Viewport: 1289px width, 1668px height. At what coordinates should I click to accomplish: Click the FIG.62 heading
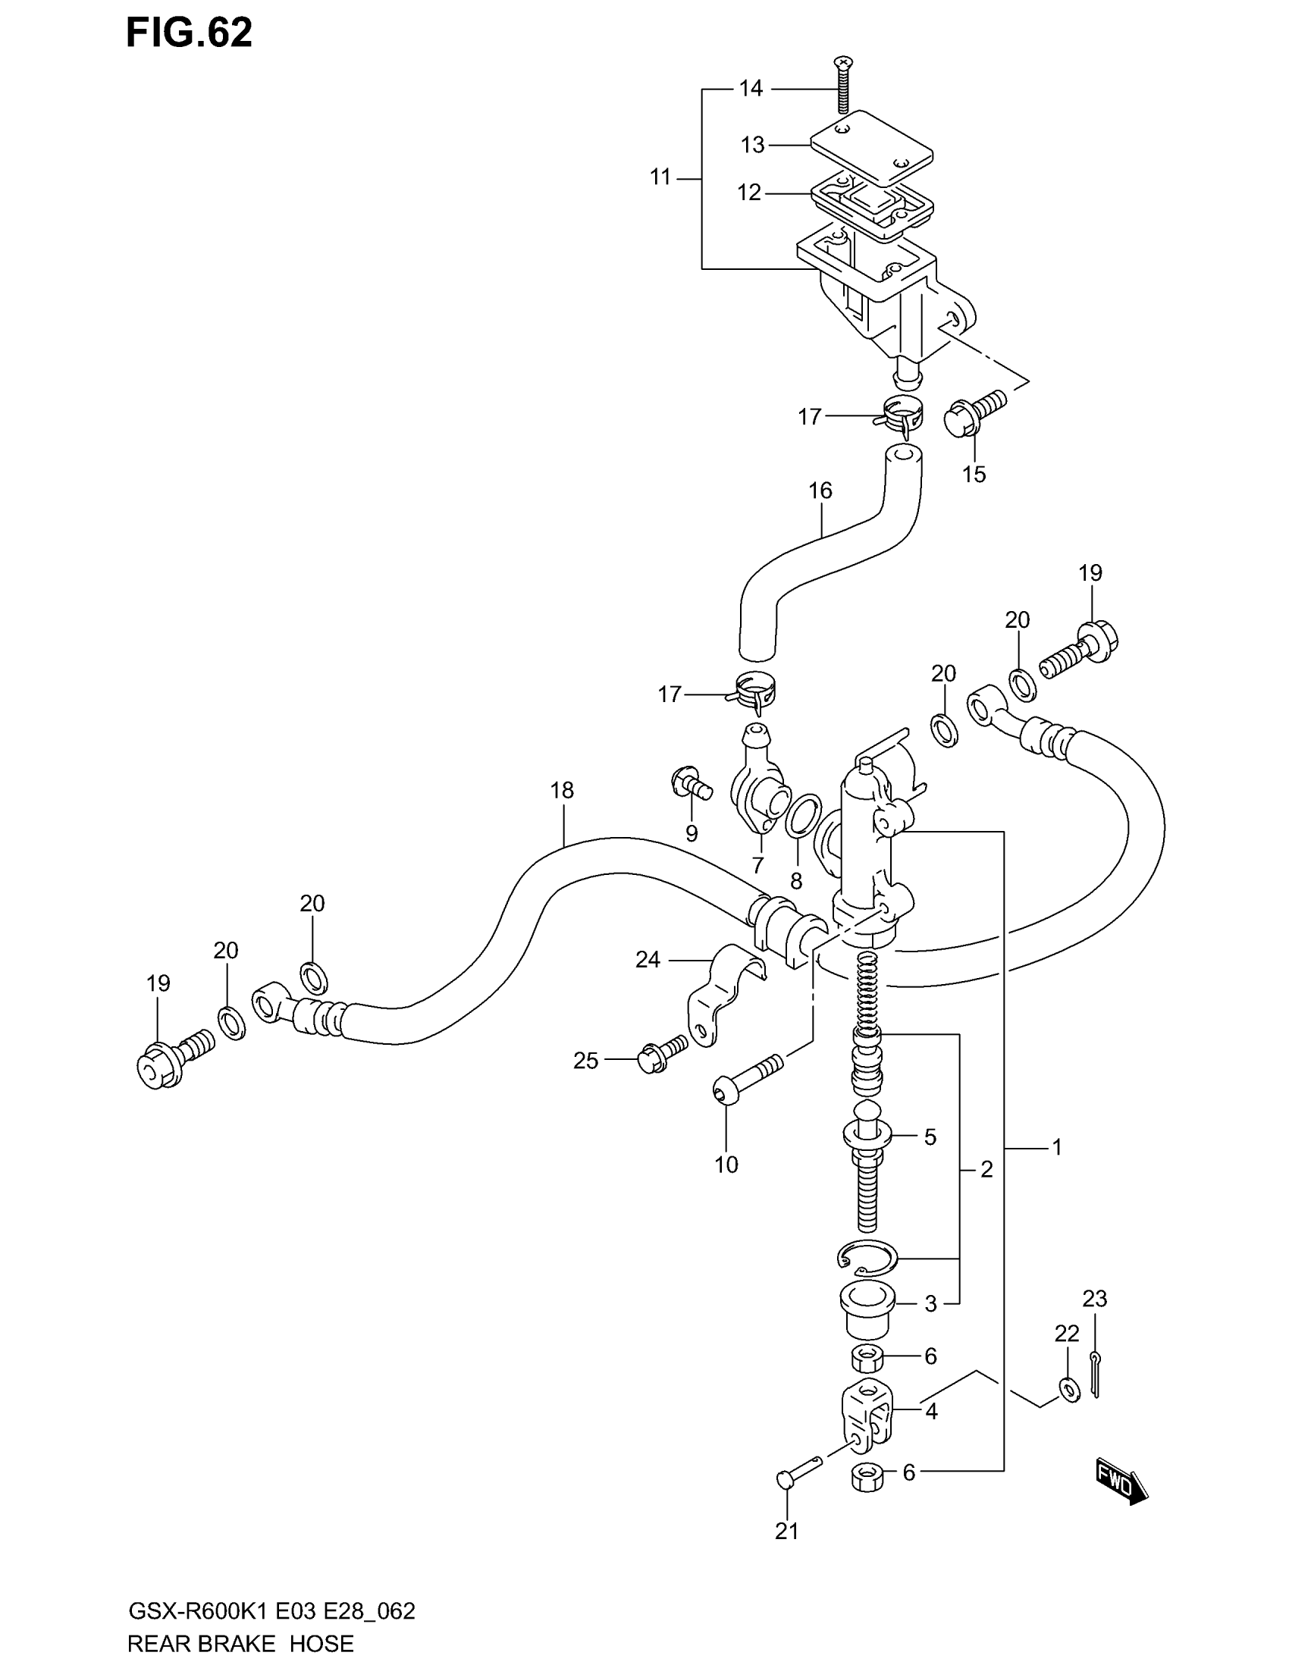tap(189, 33)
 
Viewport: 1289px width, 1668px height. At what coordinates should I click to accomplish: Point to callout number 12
tap(749, 193)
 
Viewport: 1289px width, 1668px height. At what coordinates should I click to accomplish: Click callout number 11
tap(660, 177)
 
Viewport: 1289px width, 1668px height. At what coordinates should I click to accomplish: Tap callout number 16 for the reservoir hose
tap(820, 491)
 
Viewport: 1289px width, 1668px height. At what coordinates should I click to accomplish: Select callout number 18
tap(562, 791)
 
